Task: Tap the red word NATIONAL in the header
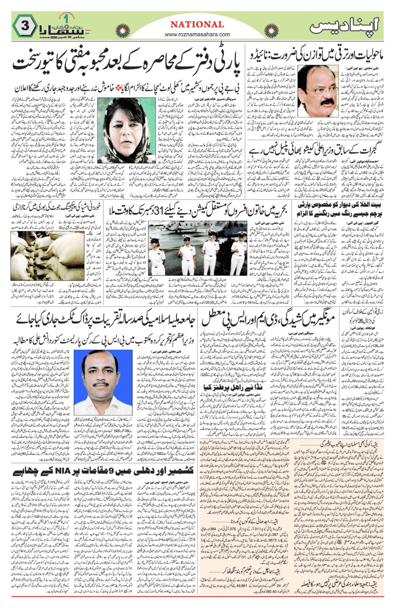point(197,24)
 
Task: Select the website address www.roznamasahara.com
point(197,34)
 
